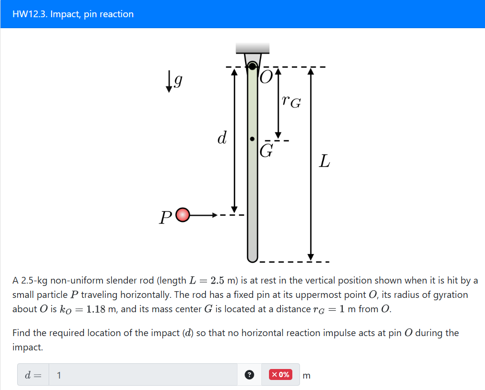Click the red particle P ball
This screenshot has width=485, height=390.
183,216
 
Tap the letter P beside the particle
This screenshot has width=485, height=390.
165,217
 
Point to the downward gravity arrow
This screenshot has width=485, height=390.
169,82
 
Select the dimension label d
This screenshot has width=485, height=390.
221,137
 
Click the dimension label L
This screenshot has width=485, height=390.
324,161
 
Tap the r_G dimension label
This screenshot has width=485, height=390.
291,101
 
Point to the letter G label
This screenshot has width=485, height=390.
267,151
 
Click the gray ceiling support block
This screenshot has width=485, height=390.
253,48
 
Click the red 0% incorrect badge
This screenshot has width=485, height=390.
280,375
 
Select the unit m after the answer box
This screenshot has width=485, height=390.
306,376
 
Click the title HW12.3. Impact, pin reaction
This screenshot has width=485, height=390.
73,14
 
